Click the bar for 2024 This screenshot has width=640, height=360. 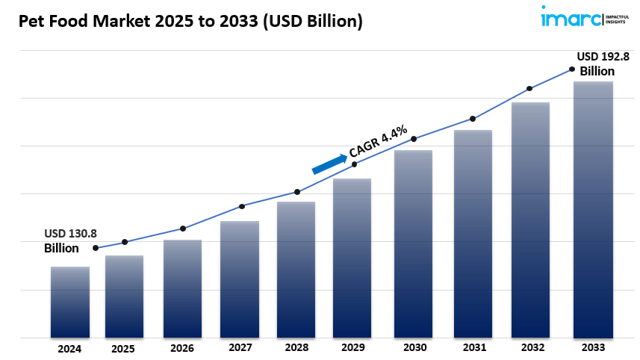click(x=70, y=302)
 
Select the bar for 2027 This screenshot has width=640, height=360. click(x=240, y=279)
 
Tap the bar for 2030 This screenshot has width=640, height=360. click(x=413, y=243)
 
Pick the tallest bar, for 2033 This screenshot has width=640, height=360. click(x=593, y=209)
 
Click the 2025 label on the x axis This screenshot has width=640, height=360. click(x=124, y=348)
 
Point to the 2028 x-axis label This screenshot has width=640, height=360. click(x=297, y=347)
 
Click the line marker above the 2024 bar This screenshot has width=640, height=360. click(x=96, y=248)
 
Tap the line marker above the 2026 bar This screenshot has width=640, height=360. click(x=183, y=229)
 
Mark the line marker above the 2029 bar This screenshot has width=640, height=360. click(x=354, y=164)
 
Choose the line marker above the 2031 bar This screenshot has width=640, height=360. click(x=473, y=119)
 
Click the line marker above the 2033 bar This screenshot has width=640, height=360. click(x=572, y=69)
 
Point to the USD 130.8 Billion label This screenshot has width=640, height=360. click(x=70, y=240)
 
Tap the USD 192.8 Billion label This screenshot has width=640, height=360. click(x=597, y=63)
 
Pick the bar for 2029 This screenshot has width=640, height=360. click(x=352, y=258)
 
